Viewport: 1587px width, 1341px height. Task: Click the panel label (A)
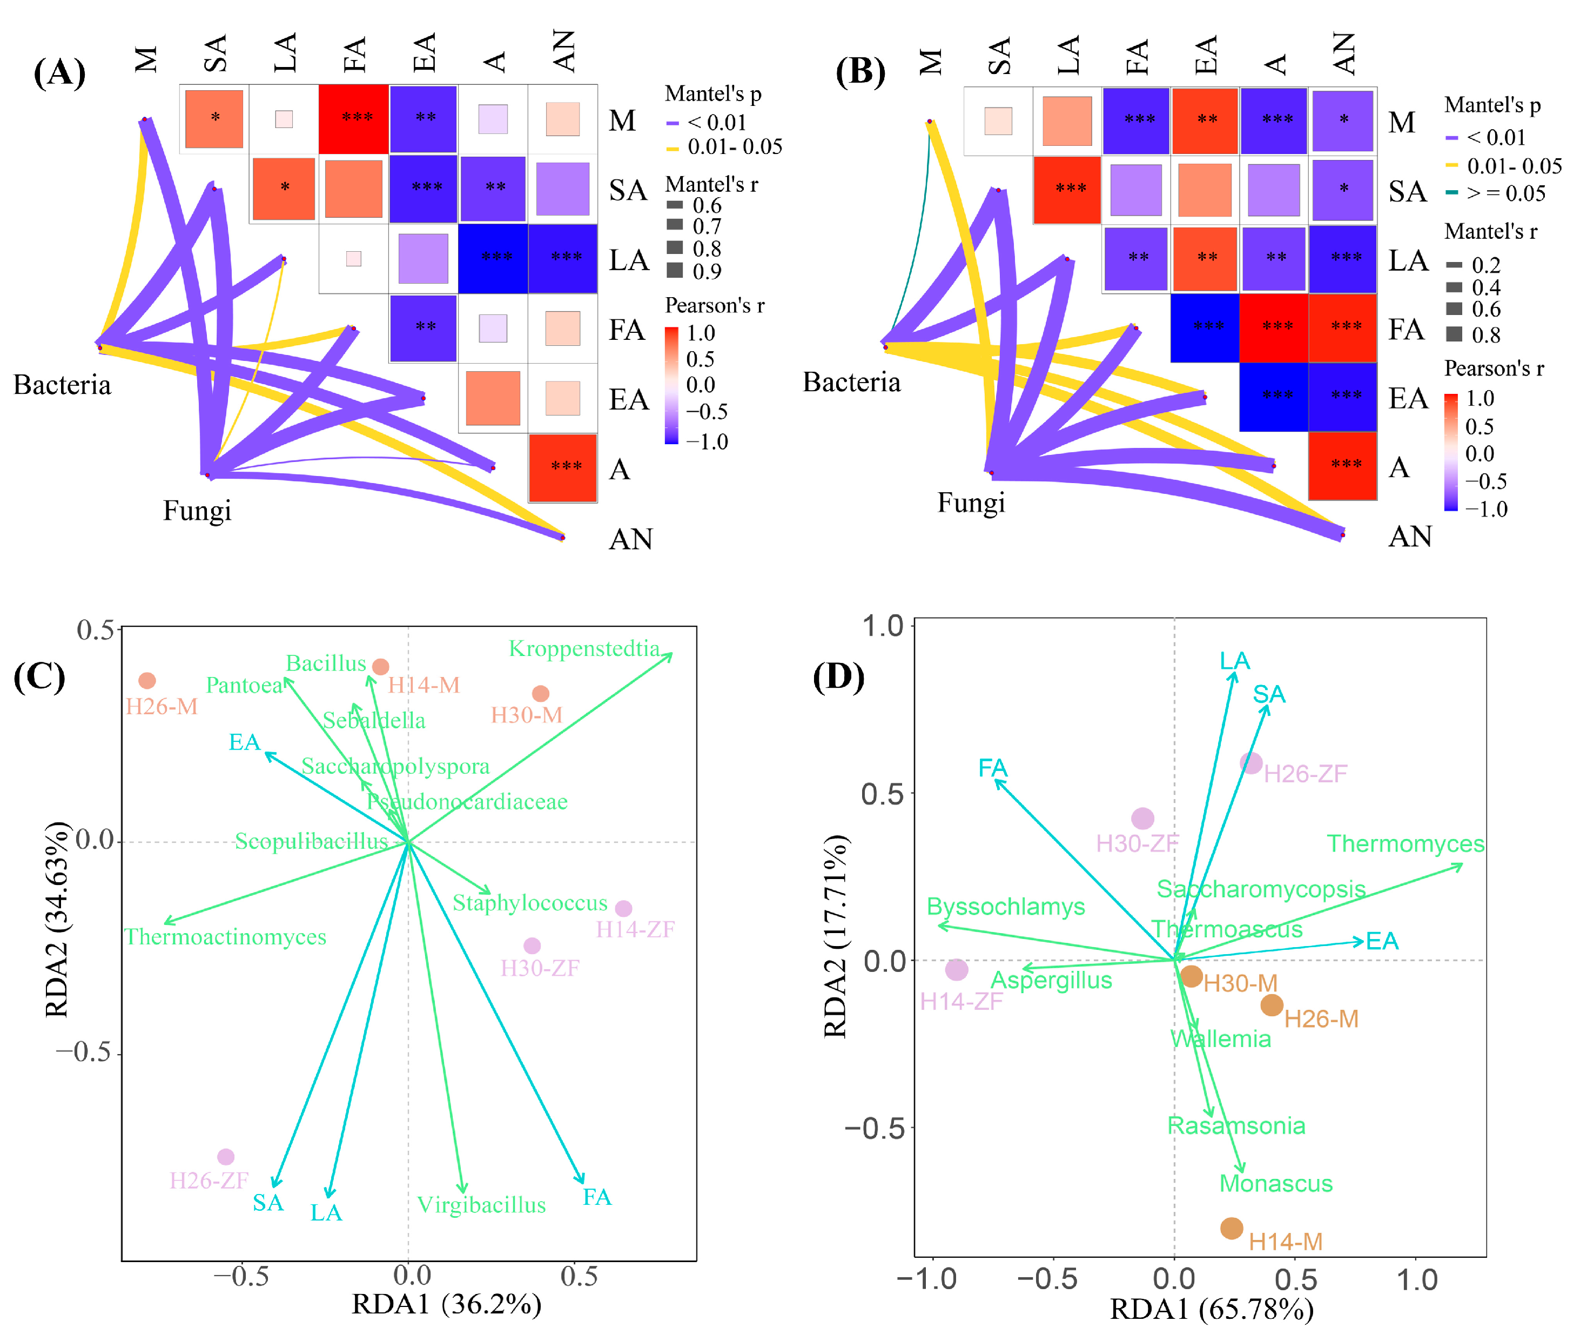pos(59,73)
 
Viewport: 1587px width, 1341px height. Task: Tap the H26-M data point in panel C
pos(147,680)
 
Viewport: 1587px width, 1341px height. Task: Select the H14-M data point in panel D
pos(1231,1228)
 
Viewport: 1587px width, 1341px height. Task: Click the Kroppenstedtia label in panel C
pos(584,648)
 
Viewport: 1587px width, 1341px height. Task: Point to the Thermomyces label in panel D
pos(1406,844)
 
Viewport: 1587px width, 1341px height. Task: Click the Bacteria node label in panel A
pos(62,385)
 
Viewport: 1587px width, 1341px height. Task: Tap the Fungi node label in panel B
pos(971,502)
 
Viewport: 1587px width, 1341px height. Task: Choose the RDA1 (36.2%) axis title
pos(446,1304)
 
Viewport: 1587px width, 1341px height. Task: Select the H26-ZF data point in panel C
pos(226,1157)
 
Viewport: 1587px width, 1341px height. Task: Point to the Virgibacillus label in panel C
pos(481,1205)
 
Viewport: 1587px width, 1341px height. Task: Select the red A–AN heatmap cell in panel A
pos(563,467)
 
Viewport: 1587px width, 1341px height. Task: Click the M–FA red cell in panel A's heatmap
pos(353,118)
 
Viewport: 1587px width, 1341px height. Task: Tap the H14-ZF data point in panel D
pos(956,969)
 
